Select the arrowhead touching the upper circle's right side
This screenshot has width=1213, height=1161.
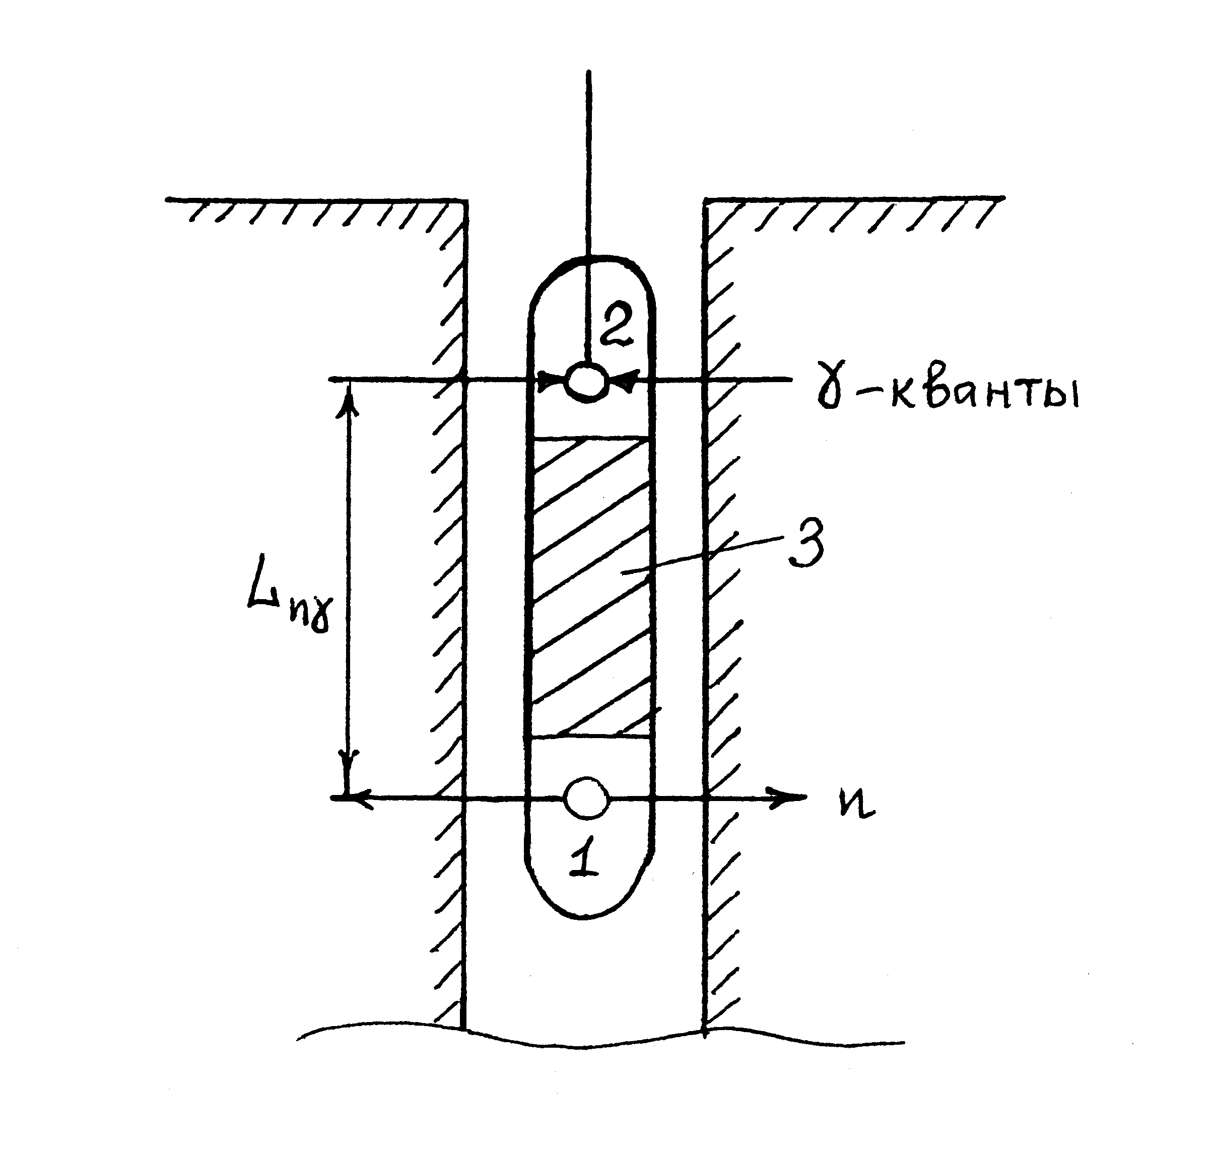click(x=623, y=381)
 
